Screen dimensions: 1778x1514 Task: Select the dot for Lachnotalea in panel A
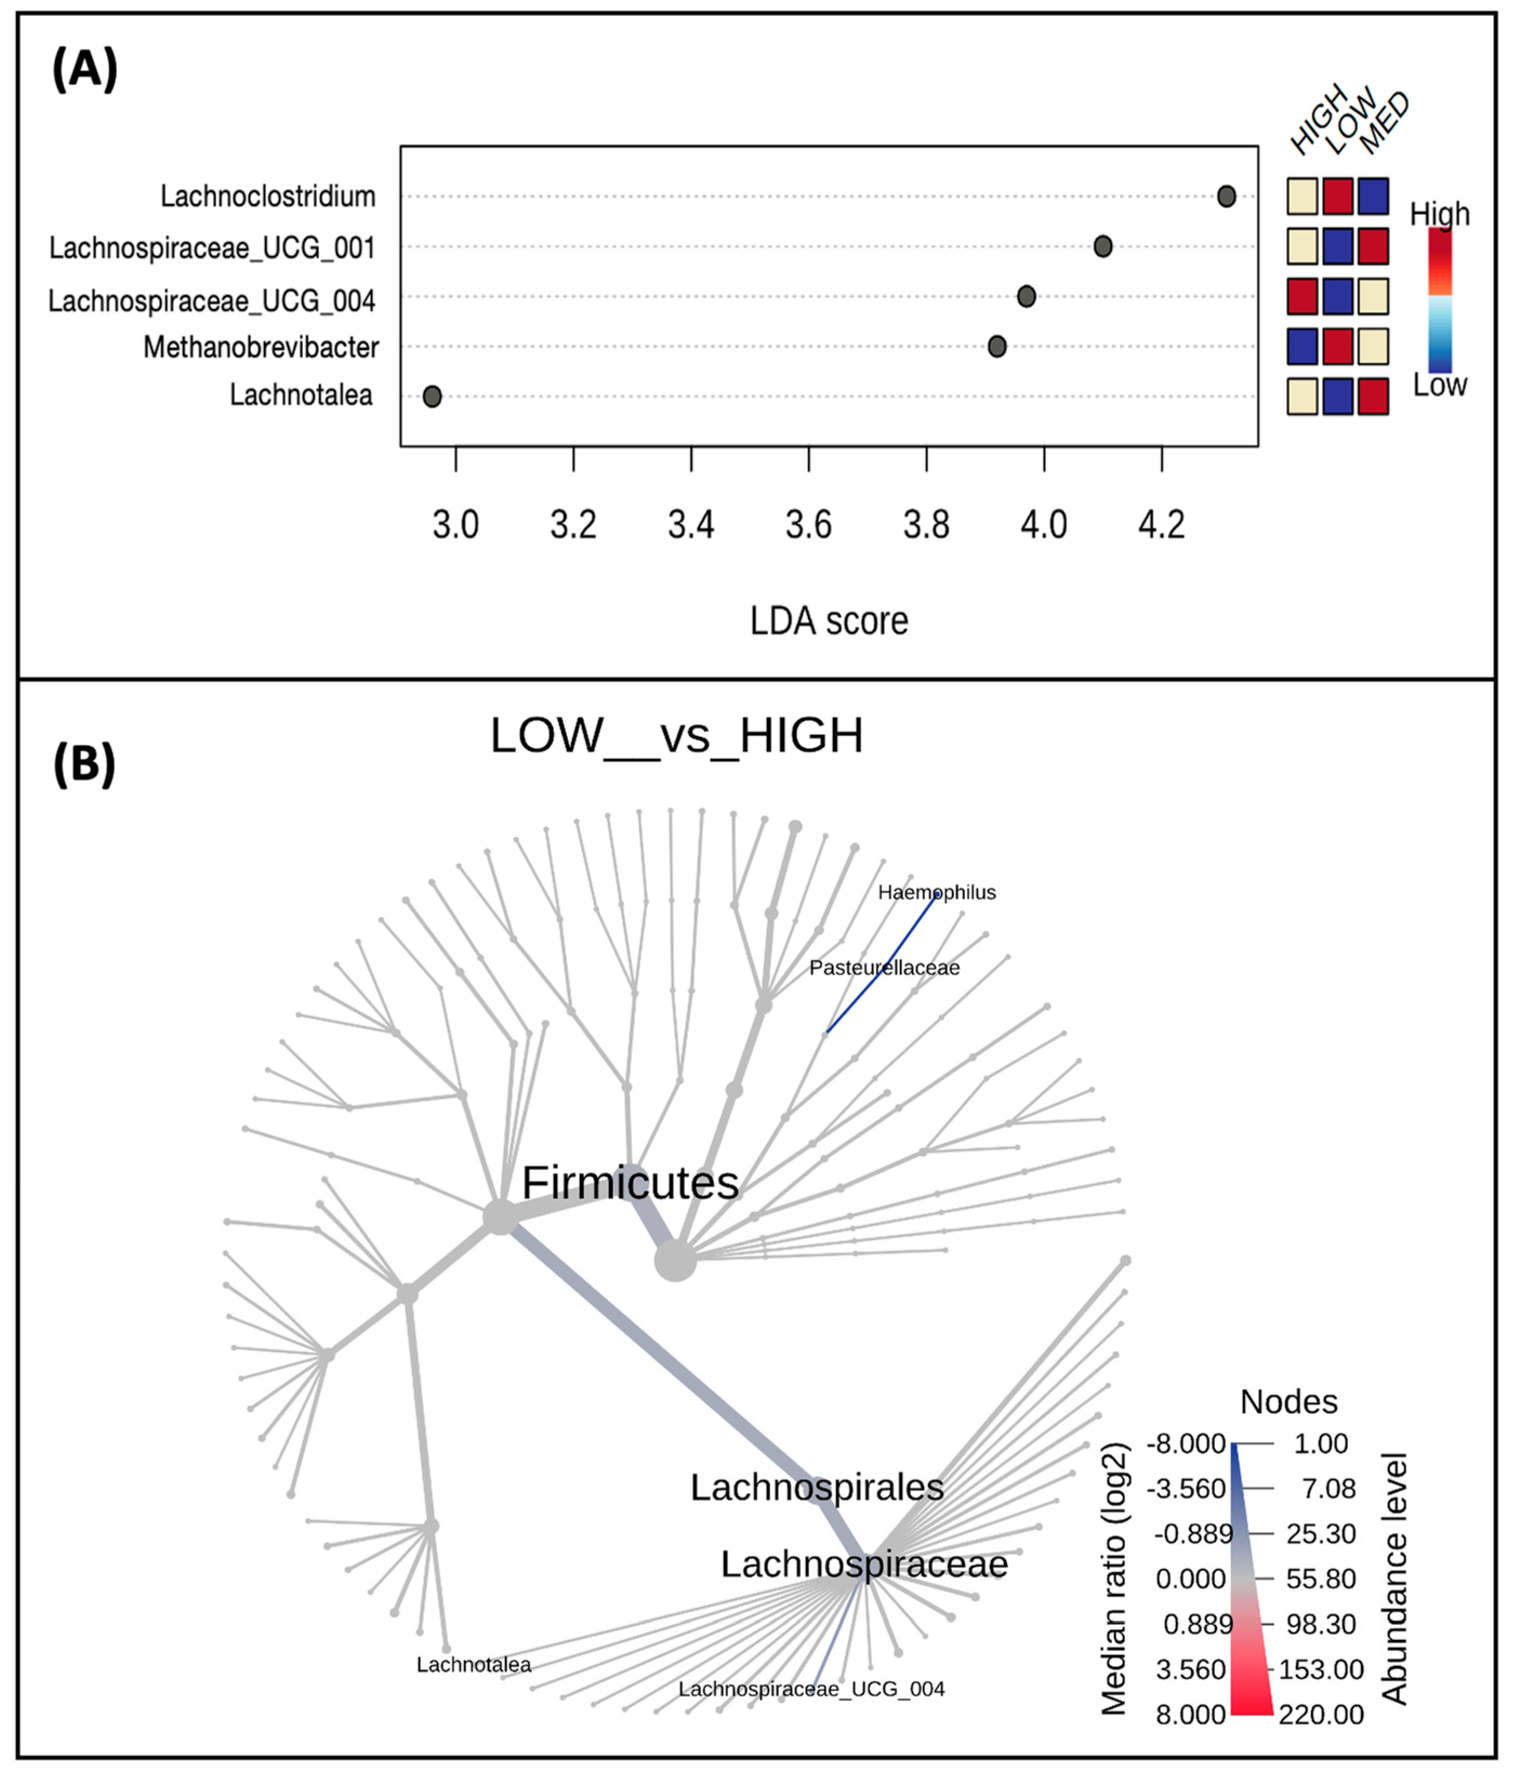(432, 396)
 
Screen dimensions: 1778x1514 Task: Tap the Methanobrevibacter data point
(997, 347)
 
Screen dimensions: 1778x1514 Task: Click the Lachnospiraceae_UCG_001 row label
(212, 248)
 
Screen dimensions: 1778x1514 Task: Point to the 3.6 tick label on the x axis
(808, 525)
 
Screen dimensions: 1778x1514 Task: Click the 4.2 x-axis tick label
(1161, 525)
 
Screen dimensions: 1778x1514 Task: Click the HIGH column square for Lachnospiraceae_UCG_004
(1302, 297)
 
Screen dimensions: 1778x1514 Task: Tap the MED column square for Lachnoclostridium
(1373, 196)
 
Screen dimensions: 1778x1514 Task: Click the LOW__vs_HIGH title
(676, 736)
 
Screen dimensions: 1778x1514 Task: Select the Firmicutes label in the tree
(630, 1183)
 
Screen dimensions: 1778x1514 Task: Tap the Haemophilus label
(937, 893)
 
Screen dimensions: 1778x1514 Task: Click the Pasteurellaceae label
(884, 968)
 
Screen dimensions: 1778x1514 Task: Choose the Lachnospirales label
(817, 1487)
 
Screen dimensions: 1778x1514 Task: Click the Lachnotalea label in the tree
(473, 1665)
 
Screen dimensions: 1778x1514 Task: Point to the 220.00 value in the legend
(1321, 1715)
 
